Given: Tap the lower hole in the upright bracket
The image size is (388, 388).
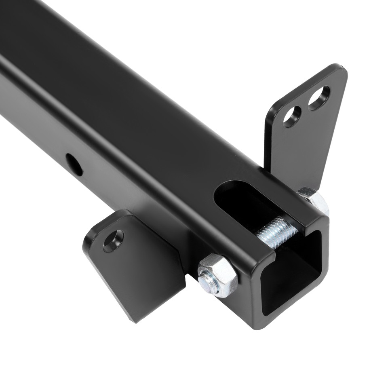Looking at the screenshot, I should (x=292, y=117).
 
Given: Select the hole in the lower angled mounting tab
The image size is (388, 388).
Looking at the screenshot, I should (x=113, y=241).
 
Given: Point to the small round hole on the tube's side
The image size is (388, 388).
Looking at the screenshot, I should (x=74, y=164).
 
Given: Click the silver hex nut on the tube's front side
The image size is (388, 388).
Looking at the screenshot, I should (x=217, y=276).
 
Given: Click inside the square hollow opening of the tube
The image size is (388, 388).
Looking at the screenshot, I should (x=293, y=279).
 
